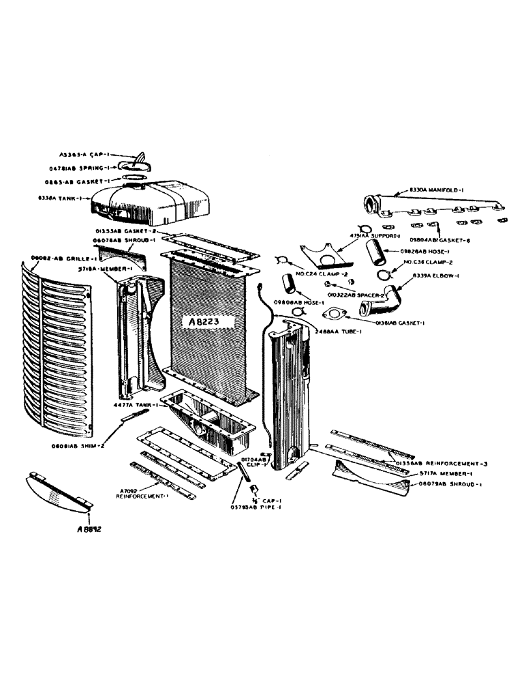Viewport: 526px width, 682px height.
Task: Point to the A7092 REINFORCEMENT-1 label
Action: (x=142, y=493)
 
